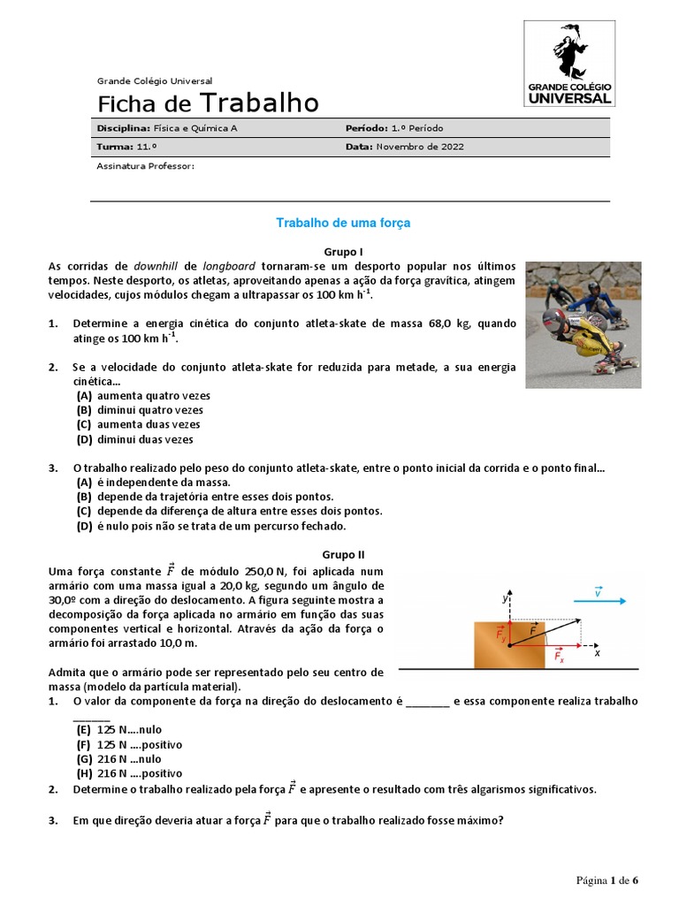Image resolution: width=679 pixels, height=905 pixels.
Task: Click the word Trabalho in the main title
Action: [x=260, y=103]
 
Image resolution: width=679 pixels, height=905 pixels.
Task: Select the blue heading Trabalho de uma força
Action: [x=343, y=224]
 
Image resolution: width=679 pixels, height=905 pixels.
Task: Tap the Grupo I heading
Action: [x=344, y=252]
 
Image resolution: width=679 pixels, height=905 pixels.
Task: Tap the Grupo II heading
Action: [x=343, y=555]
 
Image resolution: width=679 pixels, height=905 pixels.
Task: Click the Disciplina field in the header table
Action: [x=168, y=129]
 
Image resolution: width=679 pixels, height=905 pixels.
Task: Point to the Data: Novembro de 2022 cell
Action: [x=405, y=147]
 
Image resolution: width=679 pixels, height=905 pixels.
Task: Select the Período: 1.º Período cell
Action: [x=394, y=129]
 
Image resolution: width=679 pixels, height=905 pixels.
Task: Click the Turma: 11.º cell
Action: [x=128, y=147]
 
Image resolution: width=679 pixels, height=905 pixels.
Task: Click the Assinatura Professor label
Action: [x=145, y=165]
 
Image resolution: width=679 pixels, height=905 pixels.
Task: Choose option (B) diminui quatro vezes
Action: [x=140, y=410]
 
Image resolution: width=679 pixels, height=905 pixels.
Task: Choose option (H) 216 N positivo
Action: [x=128, y=773]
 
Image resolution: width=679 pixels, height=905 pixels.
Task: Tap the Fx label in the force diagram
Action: [x=559, y=656]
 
